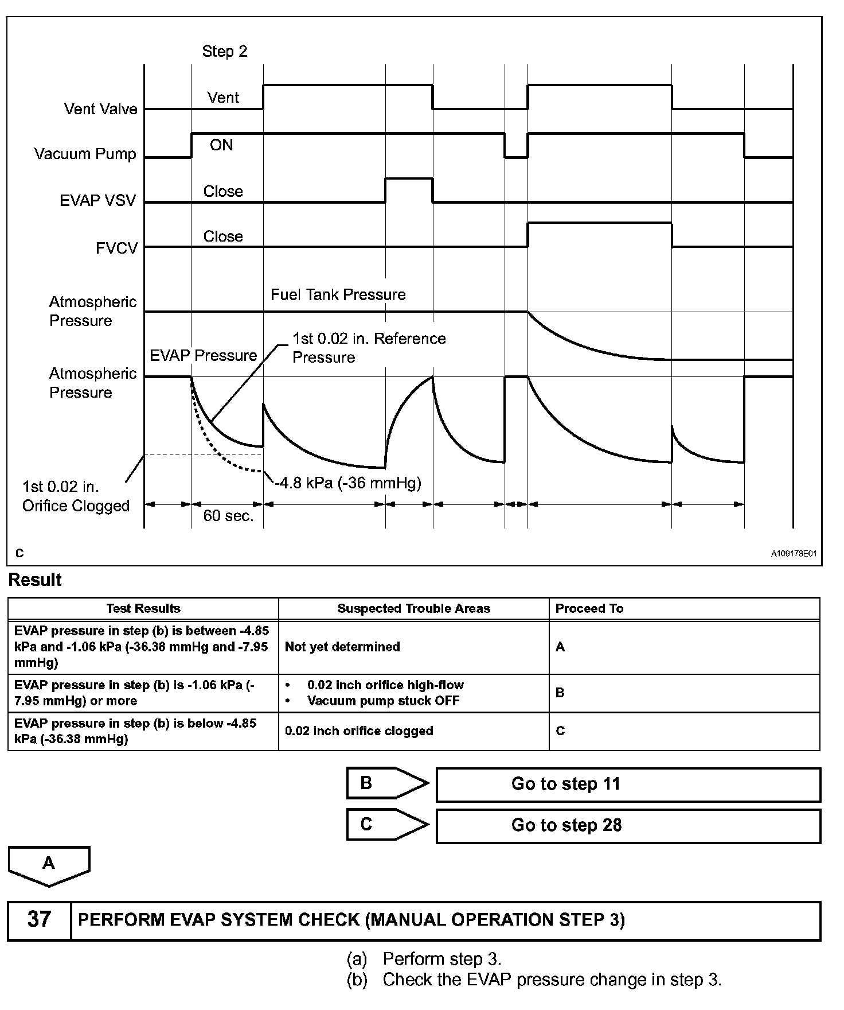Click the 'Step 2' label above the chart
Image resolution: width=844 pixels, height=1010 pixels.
[225, 52]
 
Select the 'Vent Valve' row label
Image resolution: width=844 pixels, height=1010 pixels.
[101, 109]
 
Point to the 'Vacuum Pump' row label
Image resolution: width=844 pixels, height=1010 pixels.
[85, 154]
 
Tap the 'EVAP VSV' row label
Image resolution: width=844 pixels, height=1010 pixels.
[98, 201]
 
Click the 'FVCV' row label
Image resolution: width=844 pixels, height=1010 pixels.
[116, 248]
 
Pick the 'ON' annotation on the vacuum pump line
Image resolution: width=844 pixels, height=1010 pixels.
[221, 145]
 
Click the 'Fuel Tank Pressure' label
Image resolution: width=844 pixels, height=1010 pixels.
[338, 295]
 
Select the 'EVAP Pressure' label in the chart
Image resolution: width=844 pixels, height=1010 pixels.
[203, 356]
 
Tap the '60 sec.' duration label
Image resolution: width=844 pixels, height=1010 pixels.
[228, 516]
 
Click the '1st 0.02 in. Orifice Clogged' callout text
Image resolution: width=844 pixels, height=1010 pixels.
[76, 496]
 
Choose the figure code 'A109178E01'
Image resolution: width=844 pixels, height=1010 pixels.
[793, 554]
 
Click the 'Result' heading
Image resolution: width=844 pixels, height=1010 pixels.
[35, 580]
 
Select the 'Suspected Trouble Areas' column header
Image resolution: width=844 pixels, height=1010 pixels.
[413, 609]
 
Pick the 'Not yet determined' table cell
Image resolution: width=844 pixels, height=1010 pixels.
[342, 647]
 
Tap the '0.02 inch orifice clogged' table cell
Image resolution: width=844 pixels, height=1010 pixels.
[359, 731]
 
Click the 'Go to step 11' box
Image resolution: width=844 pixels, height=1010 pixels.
[628, 784]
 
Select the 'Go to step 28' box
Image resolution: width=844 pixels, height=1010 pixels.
[628, 826]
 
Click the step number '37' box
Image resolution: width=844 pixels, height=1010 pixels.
[39, 919]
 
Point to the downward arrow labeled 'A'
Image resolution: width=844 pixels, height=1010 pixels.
[49, 865]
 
